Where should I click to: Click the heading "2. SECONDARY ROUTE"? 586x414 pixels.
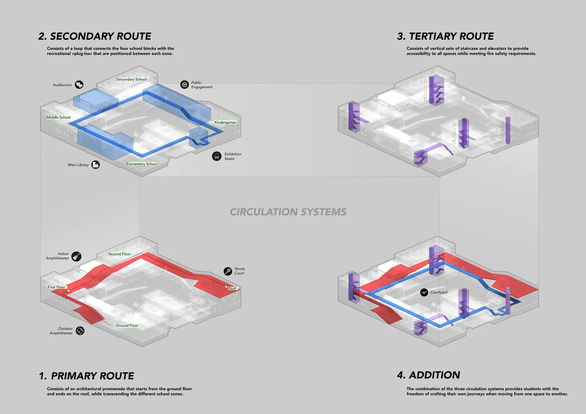click(95, 36)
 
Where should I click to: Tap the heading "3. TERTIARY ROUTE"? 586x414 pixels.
click(445, 36)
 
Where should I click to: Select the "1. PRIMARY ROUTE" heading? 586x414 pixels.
click(86, 376)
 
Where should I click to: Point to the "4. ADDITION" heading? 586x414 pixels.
click(428, 375)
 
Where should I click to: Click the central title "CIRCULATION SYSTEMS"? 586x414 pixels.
click(288, 212)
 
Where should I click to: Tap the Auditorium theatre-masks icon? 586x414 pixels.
click(79, 84)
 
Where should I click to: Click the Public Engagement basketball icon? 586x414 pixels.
click(184, 84)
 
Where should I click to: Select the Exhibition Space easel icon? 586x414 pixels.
click(217, 156)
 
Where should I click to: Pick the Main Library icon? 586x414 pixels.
click(96, 164)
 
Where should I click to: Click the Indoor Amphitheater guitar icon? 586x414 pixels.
click(76, 256)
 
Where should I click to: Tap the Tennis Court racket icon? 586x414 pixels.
click(228, 271)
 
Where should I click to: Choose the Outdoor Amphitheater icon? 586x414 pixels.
click(80, 331)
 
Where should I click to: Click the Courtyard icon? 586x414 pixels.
click(424, 292)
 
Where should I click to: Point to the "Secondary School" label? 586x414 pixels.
click(132, 79)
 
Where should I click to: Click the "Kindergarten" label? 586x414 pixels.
click(226, 123)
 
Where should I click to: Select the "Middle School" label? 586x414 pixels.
click(59, 118)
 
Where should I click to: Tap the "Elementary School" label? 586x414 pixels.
click(142, 164)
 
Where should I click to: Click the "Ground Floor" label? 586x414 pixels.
click(127, 325)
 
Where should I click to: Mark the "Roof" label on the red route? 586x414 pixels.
click(232, 288)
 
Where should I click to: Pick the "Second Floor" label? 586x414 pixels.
click(120, 254)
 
